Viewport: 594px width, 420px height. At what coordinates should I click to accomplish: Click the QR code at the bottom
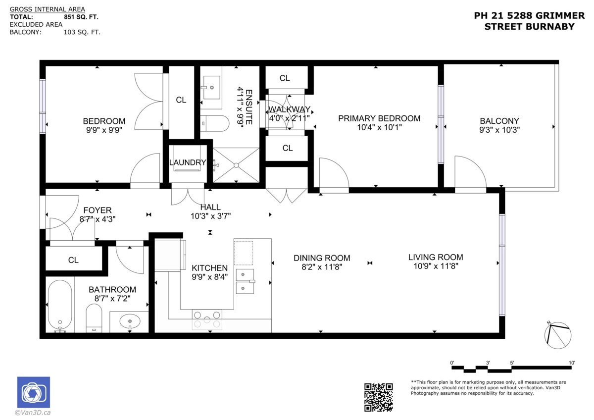point(379,397)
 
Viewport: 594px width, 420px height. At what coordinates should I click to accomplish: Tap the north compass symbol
point(557,335)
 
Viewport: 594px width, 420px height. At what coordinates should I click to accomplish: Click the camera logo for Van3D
point(33,393)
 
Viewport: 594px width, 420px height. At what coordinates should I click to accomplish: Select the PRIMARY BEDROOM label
point(379,118)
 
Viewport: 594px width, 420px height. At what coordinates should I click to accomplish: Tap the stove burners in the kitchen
point(207,319)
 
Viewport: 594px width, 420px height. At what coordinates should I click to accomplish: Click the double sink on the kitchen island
point(245,281)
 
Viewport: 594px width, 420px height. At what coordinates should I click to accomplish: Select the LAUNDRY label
point(187,162)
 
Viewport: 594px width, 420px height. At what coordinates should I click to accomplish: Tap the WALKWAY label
point(290,109)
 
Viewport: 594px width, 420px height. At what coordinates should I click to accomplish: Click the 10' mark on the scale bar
point(572,364)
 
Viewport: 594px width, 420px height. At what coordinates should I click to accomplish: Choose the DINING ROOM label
point(322,258)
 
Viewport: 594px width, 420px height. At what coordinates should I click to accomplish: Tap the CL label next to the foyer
point(73,260)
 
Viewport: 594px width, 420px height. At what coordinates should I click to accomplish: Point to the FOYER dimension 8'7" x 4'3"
point(98,218)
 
